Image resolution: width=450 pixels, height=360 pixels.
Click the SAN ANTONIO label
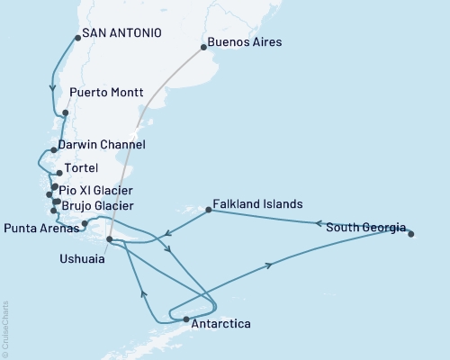click(x=121, y=33)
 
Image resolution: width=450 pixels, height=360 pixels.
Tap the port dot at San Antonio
click(x=77, y=38)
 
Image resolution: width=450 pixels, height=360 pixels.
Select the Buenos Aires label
click(x=244, y=42)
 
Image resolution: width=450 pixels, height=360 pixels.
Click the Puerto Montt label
click(x=106, y=93)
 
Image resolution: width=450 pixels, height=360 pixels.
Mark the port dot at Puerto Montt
click(x=66, y=112)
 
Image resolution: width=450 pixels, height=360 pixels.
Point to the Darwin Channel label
click(x=101, y=144)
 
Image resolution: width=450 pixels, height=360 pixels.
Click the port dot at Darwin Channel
click(x=55, y=150)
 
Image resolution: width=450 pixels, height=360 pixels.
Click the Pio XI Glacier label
click(x=95, y=191)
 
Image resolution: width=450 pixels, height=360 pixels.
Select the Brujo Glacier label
click(x=97, y=205)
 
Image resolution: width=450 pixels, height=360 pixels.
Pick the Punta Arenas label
click(x=39, y=225)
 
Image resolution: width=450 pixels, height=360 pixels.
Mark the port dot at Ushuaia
click(x=109, y=239)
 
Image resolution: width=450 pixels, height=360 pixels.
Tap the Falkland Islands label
click(x=257, y=204)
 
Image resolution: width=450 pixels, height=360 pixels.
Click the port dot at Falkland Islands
click(x=209, y=211)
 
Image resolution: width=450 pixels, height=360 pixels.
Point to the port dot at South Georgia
click(x=411, y=234)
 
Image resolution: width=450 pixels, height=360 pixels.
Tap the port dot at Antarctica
click(x=186, y=319)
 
